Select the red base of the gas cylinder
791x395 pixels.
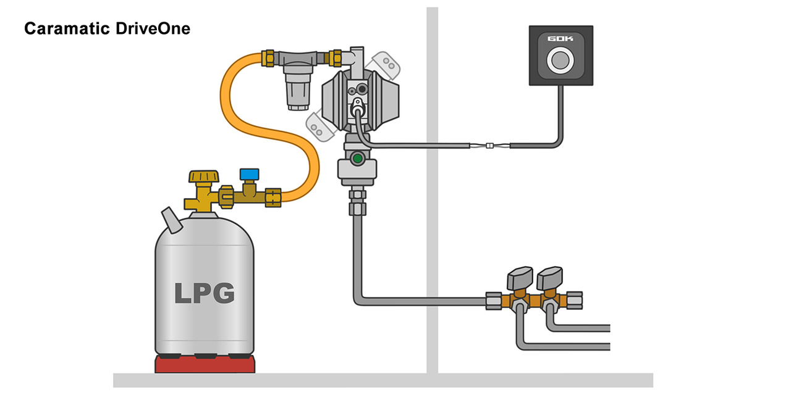click(205, 364)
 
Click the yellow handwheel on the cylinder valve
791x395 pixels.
click(204, 178)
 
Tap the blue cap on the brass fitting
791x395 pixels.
click(249, 175)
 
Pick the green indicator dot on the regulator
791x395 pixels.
click(356, 159)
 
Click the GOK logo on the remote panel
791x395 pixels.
click(560, 39)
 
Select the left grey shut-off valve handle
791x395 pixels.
click(519, 278)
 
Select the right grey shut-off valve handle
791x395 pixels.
click(550, 278)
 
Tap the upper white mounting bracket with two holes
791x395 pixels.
click(385, 62)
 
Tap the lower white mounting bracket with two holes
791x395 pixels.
click(318, 125)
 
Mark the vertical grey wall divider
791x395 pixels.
click(432, 185)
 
